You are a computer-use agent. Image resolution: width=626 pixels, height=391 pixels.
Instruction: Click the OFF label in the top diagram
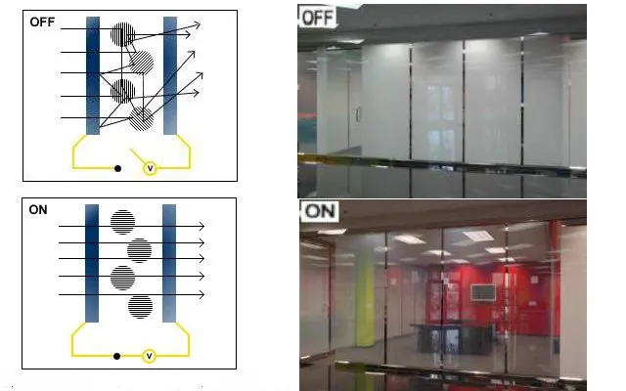pyautogui.click(x=42, y=22)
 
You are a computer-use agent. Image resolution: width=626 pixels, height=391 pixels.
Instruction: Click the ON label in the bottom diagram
pyautogui.click(x=38, y=210)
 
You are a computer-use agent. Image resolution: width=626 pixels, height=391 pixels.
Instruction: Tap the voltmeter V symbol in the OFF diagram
pyautogui.click(x=150, y=168)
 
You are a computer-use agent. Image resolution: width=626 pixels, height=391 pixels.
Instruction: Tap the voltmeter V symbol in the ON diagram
pyautogui.click(x=149, y=356)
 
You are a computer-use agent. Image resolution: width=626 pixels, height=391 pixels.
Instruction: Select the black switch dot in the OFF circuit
pyautogui.click(x=117, y=168)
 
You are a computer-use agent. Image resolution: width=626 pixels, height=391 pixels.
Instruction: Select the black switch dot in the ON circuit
pyautogui.click(x=116, y=356)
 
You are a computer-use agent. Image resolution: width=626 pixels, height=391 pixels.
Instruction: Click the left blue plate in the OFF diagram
pyautogui.click(x=93, y=75)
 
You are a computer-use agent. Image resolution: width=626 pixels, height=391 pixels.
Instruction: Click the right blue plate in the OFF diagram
pyautogui.click(x=170, y=75)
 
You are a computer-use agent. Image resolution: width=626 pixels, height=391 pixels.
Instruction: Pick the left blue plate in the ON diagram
pyautogui.click(x=92, y=263)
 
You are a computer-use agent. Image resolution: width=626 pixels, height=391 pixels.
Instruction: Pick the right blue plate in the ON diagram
pyautogui.click(x=169, y=263)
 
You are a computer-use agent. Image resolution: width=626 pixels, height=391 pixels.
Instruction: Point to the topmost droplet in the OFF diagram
pyautogui.click(x=122, y=34)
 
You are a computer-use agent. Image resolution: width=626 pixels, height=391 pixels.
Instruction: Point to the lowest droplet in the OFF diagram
pyautogui.click(x=141, y=118)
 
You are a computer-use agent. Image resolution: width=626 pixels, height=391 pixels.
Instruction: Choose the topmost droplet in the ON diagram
pyautogui.click(x=122, y=222)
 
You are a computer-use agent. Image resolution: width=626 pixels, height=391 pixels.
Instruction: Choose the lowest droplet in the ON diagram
pyautogui.click(x=140, y=306)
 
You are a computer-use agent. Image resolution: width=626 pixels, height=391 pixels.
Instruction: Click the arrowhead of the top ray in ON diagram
pyautogui.click(x=202, y=226)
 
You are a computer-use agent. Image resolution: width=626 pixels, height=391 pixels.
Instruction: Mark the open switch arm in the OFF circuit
pyautogui.click(x=138, y=156)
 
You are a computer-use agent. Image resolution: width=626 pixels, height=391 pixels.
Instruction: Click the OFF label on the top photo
pyautogui.click(x=317, y=18)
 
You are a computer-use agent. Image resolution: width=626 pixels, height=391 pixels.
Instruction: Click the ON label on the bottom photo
pyautogui.click(x=320, y=211)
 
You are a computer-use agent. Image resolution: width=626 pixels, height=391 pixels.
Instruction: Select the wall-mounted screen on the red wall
pyautogui.click(x=483, y=293)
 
